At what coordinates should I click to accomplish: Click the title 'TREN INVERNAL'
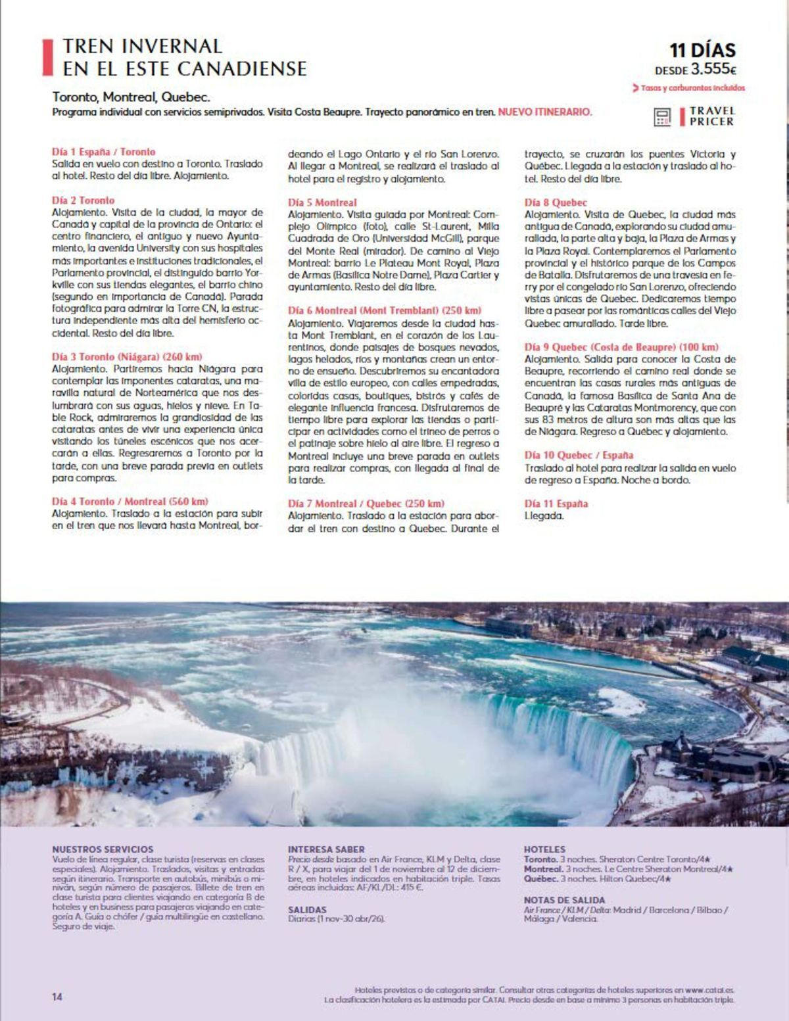(x=142, y=46)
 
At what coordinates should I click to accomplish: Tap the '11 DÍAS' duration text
(x=702, y=50)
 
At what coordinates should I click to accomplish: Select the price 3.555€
(x=713, y=69)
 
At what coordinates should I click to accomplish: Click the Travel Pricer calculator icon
(x=661, y=117)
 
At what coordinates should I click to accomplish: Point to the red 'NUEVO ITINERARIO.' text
(x=544, y=112)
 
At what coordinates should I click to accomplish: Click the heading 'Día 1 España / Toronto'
(x=104, y=152)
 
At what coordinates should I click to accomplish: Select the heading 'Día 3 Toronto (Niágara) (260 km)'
(x=127, y=357)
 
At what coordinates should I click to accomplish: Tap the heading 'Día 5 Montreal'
(x=322, y=202)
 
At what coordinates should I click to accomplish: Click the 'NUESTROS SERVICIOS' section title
(x=103, y=849)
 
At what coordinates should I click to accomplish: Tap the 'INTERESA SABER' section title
(x=326, y=849)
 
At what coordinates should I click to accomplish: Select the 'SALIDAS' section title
(x=307, y=910)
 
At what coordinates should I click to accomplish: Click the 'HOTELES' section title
(x=544, y=849)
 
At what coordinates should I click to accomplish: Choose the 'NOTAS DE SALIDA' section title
(x=564, y=900)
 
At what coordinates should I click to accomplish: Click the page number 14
(x=57, y=997)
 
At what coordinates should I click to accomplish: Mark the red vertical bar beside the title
(x=47, y=57)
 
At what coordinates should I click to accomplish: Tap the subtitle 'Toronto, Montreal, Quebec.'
(x=131, y=97)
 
